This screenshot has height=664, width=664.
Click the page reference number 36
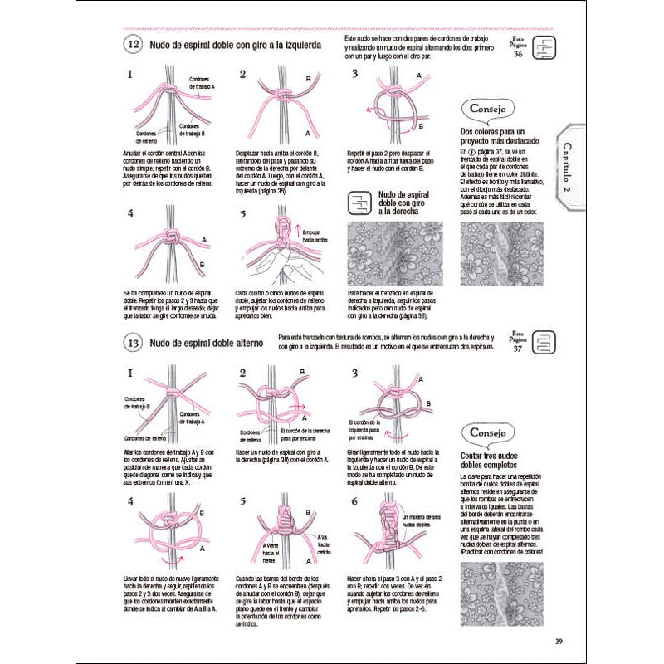click(x=518, y=55)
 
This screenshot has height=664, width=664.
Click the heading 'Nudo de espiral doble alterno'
click(x=206, y=343)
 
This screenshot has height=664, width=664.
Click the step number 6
click(x=354, y=500)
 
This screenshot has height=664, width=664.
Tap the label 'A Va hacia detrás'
click(x=325, y=544)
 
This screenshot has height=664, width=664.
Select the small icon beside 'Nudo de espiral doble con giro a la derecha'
click(x=360, y=204)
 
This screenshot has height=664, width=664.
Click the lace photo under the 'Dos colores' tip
click(x=493, y=252)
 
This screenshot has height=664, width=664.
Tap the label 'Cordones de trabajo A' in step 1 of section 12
click(x=202, y=83)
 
